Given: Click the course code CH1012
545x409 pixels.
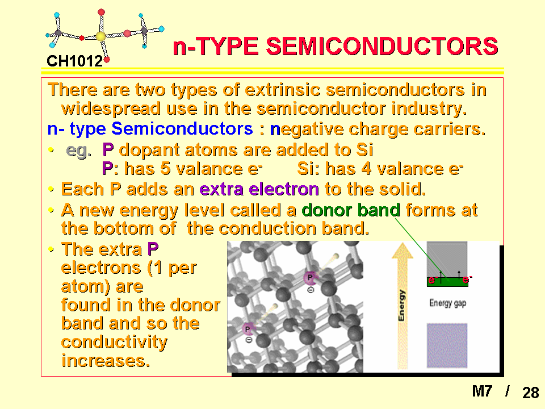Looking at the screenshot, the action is [x=75, y=61].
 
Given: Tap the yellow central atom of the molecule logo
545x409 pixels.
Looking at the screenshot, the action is [x=100, y=36].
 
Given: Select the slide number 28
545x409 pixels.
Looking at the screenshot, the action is [x=530, y=393].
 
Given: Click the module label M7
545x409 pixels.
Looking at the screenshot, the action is [x=482, y=391].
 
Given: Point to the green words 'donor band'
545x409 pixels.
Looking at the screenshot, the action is [x=351, y=210].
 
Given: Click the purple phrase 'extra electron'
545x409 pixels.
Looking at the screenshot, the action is [x=259, y=189].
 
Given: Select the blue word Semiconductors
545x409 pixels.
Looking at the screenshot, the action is [x=182, y=129].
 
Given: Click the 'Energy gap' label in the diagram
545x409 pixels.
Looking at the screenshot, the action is [x=448, y=303].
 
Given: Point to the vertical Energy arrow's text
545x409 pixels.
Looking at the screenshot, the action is [x=402, y=305].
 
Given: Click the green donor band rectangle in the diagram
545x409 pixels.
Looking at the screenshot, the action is [x=448, y=282].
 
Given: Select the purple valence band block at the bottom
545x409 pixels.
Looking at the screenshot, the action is [x=447, y=345].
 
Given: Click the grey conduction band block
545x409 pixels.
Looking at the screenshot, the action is [x=447, y=260].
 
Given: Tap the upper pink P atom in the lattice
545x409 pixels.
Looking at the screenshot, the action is [x=310, y=278].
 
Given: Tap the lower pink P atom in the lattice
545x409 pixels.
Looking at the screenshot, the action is [x=248, y=329].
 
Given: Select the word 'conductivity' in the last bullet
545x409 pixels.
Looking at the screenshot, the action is [x=114, y=342].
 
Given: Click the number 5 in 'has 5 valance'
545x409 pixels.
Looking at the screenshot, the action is [x=165, y=169].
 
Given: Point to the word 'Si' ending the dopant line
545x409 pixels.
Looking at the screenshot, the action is [x=364, y=150].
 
